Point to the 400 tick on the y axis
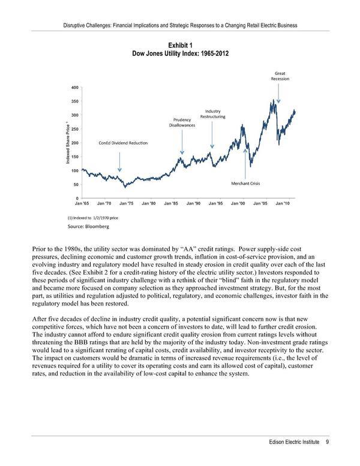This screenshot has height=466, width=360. pyautogui.click(x=74, y=87)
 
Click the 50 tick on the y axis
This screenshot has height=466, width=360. pyautogui.click(x=76, y=184)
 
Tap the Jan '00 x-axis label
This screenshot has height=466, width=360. pyautogui.click(x=238, y=204)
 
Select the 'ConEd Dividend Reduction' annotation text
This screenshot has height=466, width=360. pyautogui.click(x=123, y=143)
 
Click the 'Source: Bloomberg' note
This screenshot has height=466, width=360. pyautogui.click(x=88, y=227)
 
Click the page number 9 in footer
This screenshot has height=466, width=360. pyautogui.click(x=328, y=443)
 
